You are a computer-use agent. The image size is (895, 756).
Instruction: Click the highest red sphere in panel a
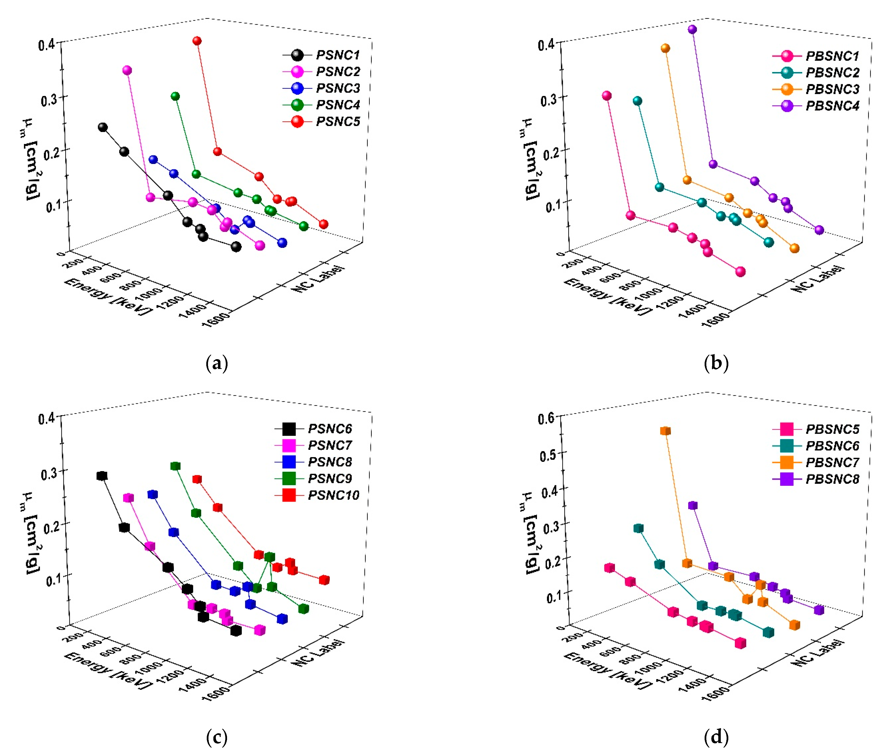pyautogui.click(x=197, y=41)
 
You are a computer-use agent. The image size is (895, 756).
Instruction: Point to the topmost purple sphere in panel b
pyautogui.click(x=692, y=29)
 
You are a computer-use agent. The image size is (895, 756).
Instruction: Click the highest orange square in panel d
pyautogui.click(x=665, y=431)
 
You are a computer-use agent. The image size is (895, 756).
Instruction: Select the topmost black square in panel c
pyautogui.click(x=102, y=476)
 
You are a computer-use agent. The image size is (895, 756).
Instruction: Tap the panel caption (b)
pyautogui.click(x=716, y=363)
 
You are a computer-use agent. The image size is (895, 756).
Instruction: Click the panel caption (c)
pyautogui.click(x=217, y=737)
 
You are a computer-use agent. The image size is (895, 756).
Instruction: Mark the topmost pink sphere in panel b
pyautogui.click(x=606, y=96)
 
